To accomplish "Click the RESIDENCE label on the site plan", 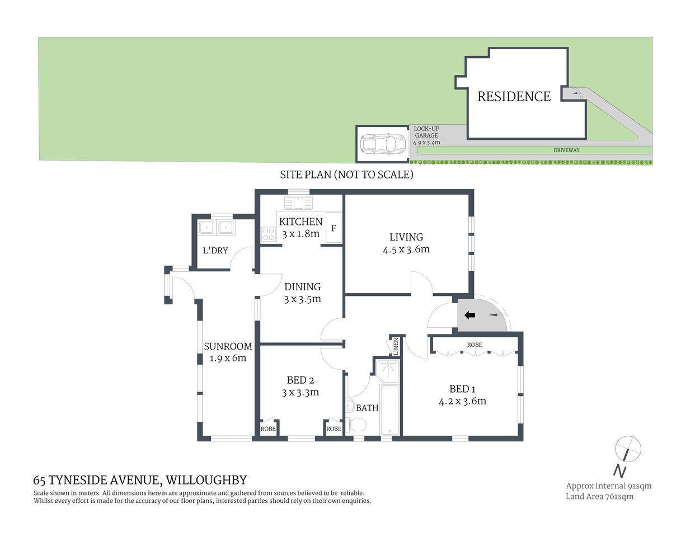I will click(x=514, y=97).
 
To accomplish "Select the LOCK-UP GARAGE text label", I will click(x=426, y=135).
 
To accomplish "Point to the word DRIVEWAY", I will click(x=566, y=150).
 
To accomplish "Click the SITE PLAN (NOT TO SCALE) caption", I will click(x=346, y=175).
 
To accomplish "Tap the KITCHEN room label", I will click(x=300, y=222).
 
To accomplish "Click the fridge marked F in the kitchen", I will click(x=334, y=228).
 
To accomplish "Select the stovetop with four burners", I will click(x=268, y=234).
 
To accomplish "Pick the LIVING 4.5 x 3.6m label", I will click(x=406, y=243).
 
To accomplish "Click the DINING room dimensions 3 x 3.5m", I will click(x=302, y=299).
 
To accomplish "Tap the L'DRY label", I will click(x=215, y=251).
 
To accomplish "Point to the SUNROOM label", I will click(x=228, y=346).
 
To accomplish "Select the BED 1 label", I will click(x=462, y=389).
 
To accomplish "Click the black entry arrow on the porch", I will click(x=470, y=315).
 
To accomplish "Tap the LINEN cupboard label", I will click(x=395, y=346).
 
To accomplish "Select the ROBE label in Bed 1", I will click(x=475, y=345).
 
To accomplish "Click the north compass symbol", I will click(x=627, y=450).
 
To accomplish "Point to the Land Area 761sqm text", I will click(x=599, y=497).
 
